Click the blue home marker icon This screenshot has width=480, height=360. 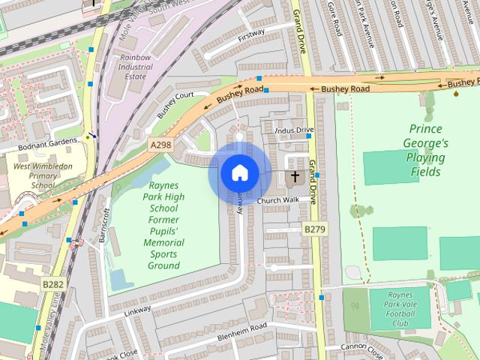238,172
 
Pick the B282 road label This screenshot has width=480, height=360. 52,284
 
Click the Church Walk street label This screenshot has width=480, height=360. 277,200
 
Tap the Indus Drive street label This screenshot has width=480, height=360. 294,130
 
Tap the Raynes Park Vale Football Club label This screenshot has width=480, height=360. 400,310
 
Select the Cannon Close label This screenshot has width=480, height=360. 361,346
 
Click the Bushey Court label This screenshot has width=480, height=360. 175,100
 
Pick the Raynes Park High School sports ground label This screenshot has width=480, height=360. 163,225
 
